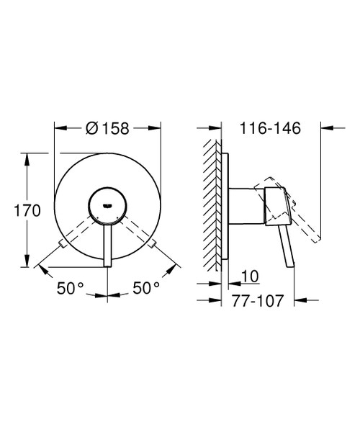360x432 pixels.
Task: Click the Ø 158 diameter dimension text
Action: (108, 129)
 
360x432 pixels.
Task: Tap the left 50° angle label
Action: (71, 288)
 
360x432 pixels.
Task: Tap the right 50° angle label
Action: (146, 288)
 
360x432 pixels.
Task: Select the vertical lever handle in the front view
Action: (107, 245)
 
